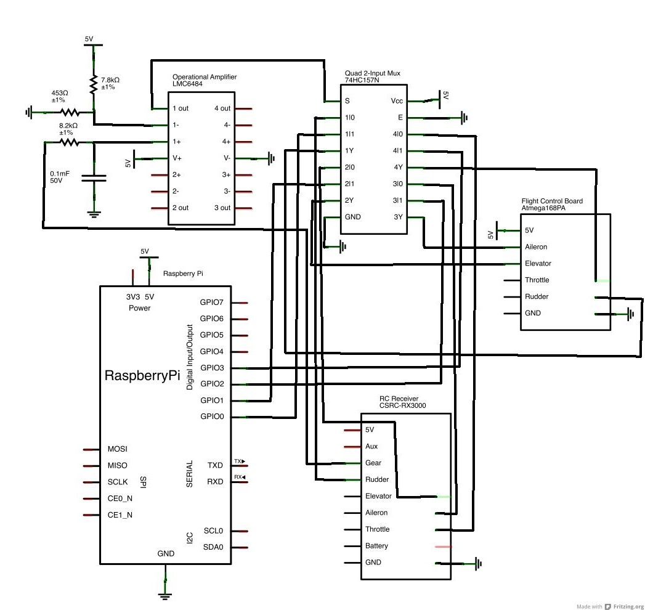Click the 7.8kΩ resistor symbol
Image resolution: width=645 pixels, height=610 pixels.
click(93, 84)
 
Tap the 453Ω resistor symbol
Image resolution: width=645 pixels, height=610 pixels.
click(69, 112)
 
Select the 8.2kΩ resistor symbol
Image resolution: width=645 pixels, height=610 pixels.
click(69, 142)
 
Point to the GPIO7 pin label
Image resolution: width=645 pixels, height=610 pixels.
click(212, 303)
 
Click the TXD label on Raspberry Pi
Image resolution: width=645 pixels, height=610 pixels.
click(215, 465)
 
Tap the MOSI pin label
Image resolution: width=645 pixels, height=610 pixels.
click(118, 449)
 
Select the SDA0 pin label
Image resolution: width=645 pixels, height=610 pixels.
click(213, 547)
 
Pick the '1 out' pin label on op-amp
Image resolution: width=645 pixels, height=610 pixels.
click(181, 108)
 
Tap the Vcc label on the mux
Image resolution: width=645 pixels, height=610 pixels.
click(397, 101)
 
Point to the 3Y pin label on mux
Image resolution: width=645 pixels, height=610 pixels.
click(398, 217)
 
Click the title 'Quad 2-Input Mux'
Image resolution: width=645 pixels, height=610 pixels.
click(373, 73)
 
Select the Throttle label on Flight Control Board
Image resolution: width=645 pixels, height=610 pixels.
click(537, 280)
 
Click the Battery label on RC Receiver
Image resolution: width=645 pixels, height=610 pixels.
click(376, 546)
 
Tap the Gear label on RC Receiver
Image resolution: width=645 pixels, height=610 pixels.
click(373, 463)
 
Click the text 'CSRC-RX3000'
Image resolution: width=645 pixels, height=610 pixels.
click(402, 406)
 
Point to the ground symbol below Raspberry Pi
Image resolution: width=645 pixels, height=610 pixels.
click(164, 595)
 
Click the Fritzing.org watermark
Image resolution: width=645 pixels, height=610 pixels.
click(623, 606)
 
